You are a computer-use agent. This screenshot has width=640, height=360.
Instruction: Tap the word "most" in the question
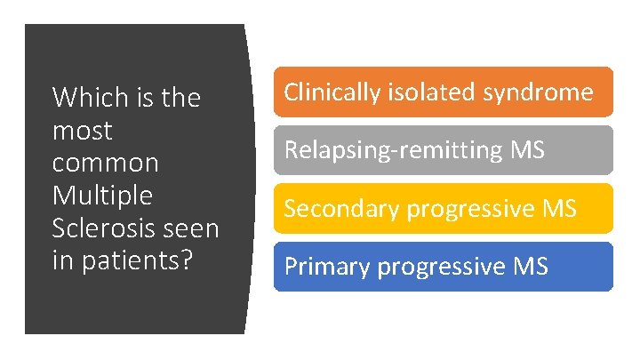[83, 131]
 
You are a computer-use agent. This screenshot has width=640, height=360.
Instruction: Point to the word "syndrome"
[537, 92]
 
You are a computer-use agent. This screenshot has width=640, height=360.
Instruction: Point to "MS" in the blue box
[531, 266]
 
